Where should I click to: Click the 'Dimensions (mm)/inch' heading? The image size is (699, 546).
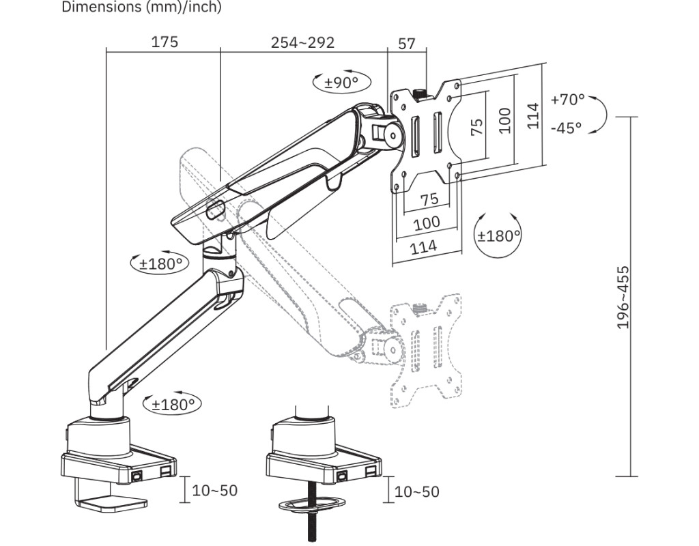pyautogui.click(x=141, y=7)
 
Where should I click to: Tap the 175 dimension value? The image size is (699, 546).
pyautogui.click(x=165, y=42)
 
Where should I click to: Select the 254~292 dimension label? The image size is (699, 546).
pyautogui.click(x=302, y=42)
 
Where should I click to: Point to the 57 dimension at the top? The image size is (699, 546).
pyautogui.click(x=407, y=44)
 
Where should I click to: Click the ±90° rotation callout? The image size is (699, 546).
pyautogui.click(x=341, y=82)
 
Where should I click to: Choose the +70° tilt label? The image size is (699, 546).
pyautogui.click(x=567, y=100)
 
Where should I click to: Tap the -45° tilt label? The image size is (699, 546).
pyautogui.click(x=566, y=128)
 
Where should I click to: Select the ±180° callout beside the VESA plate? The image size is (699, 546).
pyautogui.click(x=499, y=235)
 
